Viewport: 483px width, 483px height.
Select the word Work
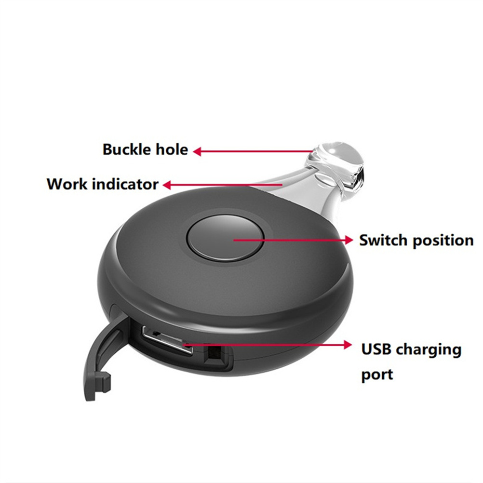67,184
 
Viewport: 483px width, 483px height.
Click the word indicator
125,184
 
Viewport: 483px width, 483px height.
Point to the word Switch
384,240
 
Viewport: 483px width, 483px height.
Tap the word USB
375,349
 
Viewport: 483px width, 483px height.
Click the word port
377,375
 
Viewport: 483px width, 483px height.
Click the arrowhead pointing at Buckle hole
198,151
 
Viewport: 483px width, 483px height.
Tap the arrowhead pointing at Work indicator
167,185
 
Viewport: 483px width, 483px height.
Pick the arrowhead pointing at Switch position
349,240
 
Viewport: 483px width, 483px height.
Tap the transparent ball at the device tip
340,165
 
